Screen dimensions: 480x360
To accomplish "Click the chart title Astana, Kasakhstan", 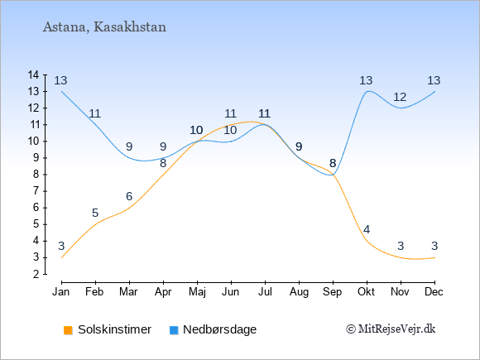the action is pyautogui.click(x=104, y=27).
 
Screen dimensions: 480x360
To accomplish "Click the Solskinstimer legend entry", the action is pyautogui.click(x=108, y=329).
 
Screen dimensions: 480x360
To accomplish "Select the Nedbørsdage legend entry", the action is pyautogui.click(x=213, y=329).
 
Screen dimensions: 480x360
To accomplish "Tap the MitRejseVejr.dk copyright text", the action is pyautogui.click(x=391, y=329).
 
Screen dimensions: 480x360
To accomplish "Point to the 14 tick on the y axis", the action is pyautogui.click(x=33, y=74).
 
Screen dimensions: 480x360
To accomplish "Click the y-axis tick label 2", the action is pyautogui.click(x=36, y=274).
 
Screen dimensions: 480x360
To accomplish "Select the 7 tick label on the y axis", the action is pyautogui.click(x=36, y=191).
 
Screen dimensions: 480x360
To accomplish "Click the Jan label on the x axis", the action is pyautogui.click(x=61, y=292).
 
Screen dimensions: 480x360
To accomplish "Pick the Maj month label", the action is pyautogui.click(x=197, y=292).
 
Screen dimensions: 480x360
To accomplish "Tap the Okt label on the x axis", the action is pyautogui.click(x=366, y=292).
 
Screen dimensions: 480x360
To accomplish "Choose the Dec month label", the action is pyautogui.click(x=434, y=292).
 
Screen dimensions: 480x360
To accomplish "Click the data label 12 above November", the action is pyautogui.click(x=400, y=98).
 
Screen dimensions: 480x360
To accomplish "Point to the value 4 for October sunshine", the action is pyautogui.click(x=367, y=229).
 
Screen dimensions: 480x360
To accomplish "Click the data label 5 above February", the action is pyautogui.click(x=95, y=213).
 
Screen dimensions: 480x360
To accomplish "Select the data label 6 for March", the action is pyautogui.click(x=129, y=196).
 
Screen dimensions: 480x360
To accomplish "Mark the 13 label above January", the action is pyautogui.click(x=60, y=81).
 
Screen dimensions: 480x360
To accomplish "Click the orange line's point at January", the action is pyautogui.click(x=62, y=257).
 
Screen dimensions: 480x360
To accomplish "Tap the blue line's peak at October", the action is pyautogui.click(x=368, y=91).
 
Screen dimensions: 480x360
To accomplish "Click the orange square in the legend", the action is pyautogui.click(x=68, y=330).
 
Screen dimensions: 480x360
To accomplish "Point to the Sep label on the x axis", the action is pyautogui.click(x=332, y=292).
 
